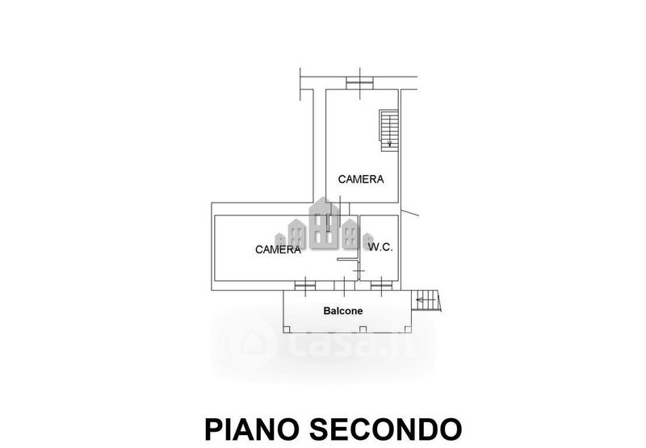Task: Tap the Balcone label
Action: coord(343,311)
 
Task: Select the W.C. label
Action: coord(380,247)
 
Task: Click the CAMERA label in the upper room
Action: coord(361,179)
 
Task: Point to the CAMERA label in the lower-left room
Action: coord(278,249)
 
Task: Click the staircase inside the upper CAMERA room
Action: coord(389,128)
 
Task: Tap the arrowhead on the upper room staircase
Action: coord(389,144)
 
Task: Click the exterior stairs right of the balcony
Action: coord(426,301)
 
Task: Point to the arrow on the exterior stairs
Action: coord(422,301)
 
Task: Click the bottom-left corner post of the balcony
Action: coord(284,329)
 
